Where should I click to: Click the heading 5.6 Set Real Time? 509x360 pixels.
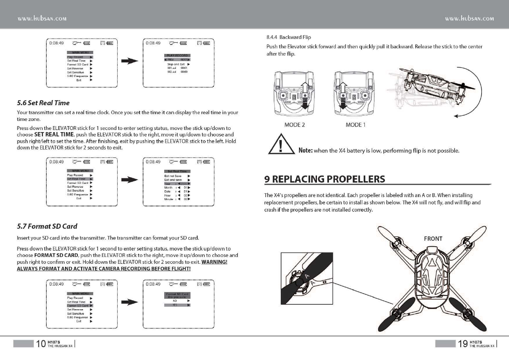(43, 103)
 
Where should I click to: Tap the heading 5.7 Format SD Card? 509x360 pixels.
(47, 226)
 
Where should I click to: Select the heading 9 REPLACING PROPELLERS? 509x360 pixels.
(325, 179)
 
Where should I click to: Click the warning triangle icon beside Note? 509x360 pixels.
(280, 146)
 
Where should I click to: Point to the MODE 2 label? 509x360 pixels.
(295, 125)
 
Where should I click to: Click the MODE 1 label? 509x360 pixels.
(355, 125)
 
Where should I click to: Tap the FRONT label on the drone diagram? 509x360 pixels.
(433, 239)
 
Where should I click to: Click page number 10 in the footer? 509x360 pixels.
(41, 343)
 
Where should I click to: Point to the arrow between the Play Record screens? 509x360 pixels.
(130, 62)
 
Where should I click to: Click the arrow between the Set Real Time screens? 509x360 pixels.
(130, 181)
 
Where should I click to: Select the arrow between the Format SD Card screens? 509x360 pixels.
(130, 303)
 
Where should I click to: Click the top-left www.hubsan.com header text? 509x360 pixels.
(42, 19)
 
